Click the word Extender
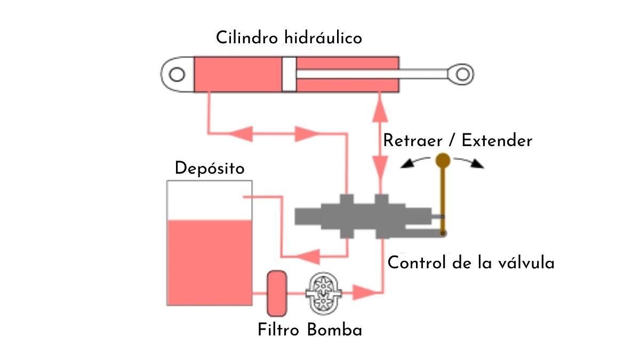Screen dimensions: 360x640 click(x=497, y=141)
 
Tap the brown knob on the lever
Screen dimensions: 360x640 click(x=443, y=159)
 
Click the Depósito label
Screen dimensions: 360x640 click(x=210, y=169)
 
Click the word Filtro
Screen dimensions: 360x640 click(x=280, y=330)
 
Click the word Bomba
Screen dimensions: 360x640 click(x=334, y=330)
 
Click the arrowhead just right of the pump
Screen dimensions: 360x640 click(x=365, y=292)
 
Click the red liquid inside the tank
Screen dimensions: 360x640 click(x=210, y=261)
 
